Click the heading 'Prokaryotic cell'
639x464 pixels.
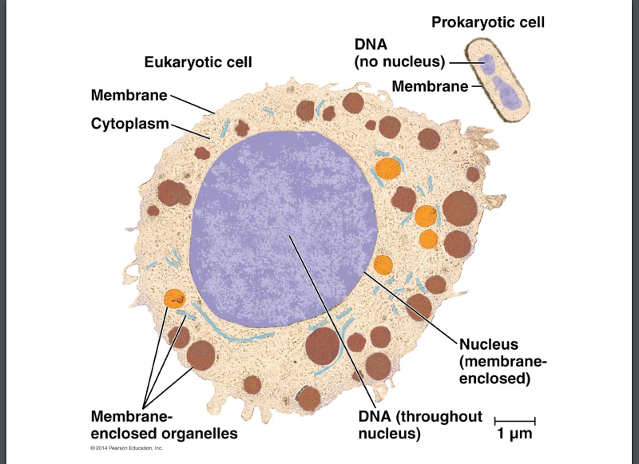(488, 22)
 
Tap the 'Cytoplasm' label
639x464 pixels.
(130, 124)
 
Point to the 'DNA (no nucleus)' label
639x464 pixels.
(399, 53)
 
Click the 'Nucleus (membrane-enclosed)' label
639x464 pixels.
(502, 361)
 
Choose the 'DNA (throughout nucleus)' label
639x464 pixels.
(420, 425)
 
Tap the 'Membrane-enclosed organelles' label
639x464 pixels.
(164, 425)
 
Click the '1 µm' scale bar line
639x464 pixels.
(514, 419)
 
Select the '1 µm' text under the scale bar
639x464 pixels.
(514, 434)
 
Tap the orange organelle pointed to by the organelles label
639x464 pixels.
(173, 299)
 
